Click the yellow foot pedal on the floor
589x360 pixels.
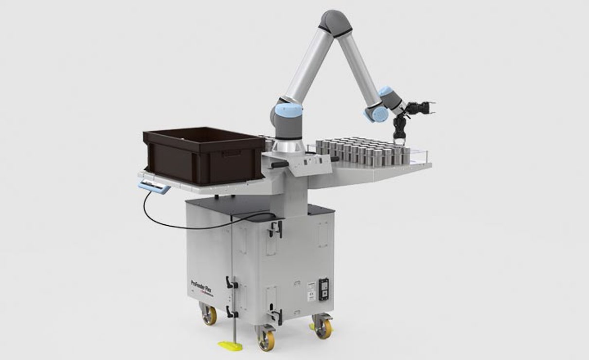coord(231,346)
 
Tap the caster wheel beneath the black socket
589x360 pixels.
coord(322,327)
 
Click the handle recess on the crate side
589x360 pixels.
coord(232,154)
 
